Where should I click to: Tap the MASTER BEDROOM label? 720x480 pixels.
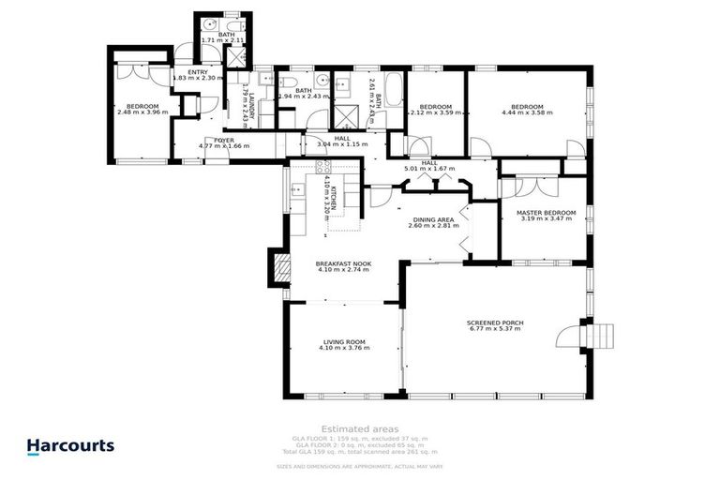point(545,212)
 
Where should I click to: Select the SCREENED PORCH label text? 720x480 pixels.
point(495,323)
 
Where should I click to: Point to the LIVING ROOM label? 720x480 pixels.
point(344,341)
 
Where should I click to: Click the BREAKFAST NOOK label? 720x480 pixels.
point(344,264)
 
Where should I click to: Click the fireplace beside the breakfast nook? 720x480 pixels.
point(277,267)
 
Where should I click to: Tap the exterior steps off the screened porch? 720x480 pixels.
point(596,334)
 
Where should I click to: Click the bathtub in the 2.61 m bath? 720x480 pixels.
point(393,94)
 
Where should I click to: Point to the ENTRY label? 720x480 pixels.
point(197,72)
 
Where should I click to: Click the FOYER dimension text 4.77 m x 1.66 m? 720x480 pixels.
point(223,146)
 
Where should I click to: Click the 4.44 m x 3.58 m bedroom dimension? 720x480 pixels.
point(527,112)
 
